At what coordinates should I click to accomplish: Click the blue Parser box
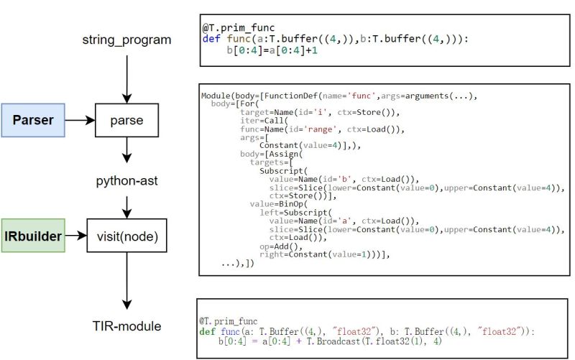34,120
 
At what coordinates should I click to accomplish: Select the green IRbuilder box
32,235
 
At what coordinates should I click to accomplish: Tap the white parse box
126,120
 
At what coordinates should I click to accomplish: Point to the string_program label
126,40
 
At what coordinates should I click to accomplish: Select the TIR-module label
126,326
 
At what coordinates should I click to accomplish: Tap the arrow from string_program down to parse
126,75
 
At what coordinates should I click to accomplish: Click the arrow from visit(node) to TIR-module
126,280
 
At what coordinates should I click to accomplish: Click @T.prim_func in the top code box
229,27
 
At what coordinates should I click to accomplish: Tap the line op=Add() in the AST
276,246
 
